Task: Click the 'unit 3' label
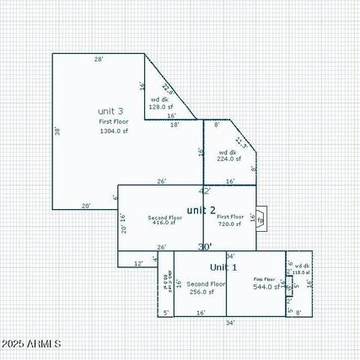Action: tap(110, 110)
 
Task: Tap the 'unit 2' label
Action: tap(201, 210)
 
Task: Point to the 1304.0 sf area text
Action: tap(114, 131)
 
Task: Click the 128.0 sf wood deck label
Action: tap(161, 107)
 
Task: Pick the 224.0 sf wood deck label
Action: tap(228, 158)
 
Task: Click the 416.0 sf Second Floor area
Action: tap(164, 223)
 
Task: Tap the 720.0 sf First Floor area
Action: tap(230, 223)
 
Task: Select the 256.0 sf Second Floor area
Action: tap(206, 292)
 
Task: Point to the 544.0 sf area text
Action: tap(266, 287)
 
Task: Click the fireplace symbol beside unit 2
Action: tap(261, 219)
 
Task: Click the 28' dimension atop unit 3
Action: tap(99, 59)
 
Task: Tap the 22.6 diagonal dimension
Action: tap(167, 88)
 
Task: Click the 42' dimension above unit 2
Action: tap(205, 191)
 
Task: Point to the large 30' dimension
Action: tap(205, 247)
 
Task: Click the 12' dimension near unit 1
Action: tap(139, 263)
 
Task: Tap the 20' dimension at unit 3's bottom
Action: tap(86, 205)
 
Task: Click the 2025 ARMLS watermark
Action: tap(31, 344)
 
